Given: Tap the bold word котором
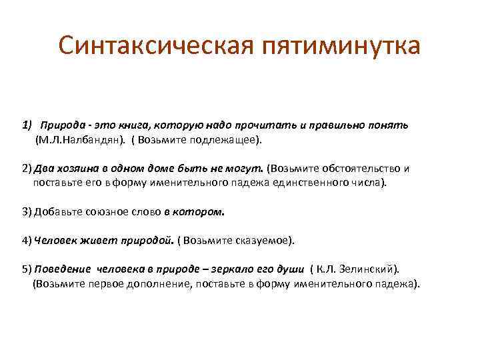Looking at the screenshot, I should pos(203,212).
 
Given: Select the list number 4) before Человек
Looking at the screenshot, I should pos(27,240).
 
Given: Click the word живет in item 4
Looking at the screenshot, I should pos(96,240).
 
